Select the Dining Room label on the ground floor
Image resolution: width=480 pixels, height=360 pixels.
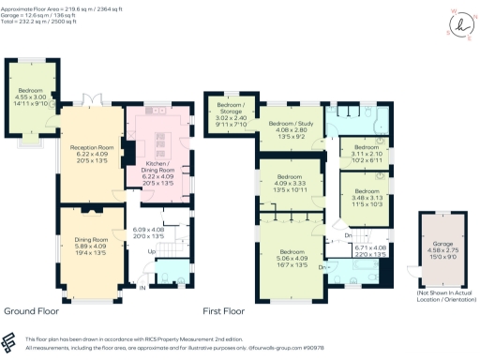click(x=91, y=239)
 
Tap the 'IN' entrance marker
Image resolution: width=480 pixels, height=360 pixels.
click(x=143, y=287)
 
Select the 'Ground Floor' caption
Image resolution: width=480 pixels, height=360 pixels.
click(x=33, y=309)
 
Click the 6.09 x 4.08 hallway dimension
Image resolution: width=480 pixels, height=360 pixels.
click(x=148, y=231)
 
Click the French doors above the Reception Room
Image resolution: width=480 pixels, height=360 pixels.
click(x=92, y=97)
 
